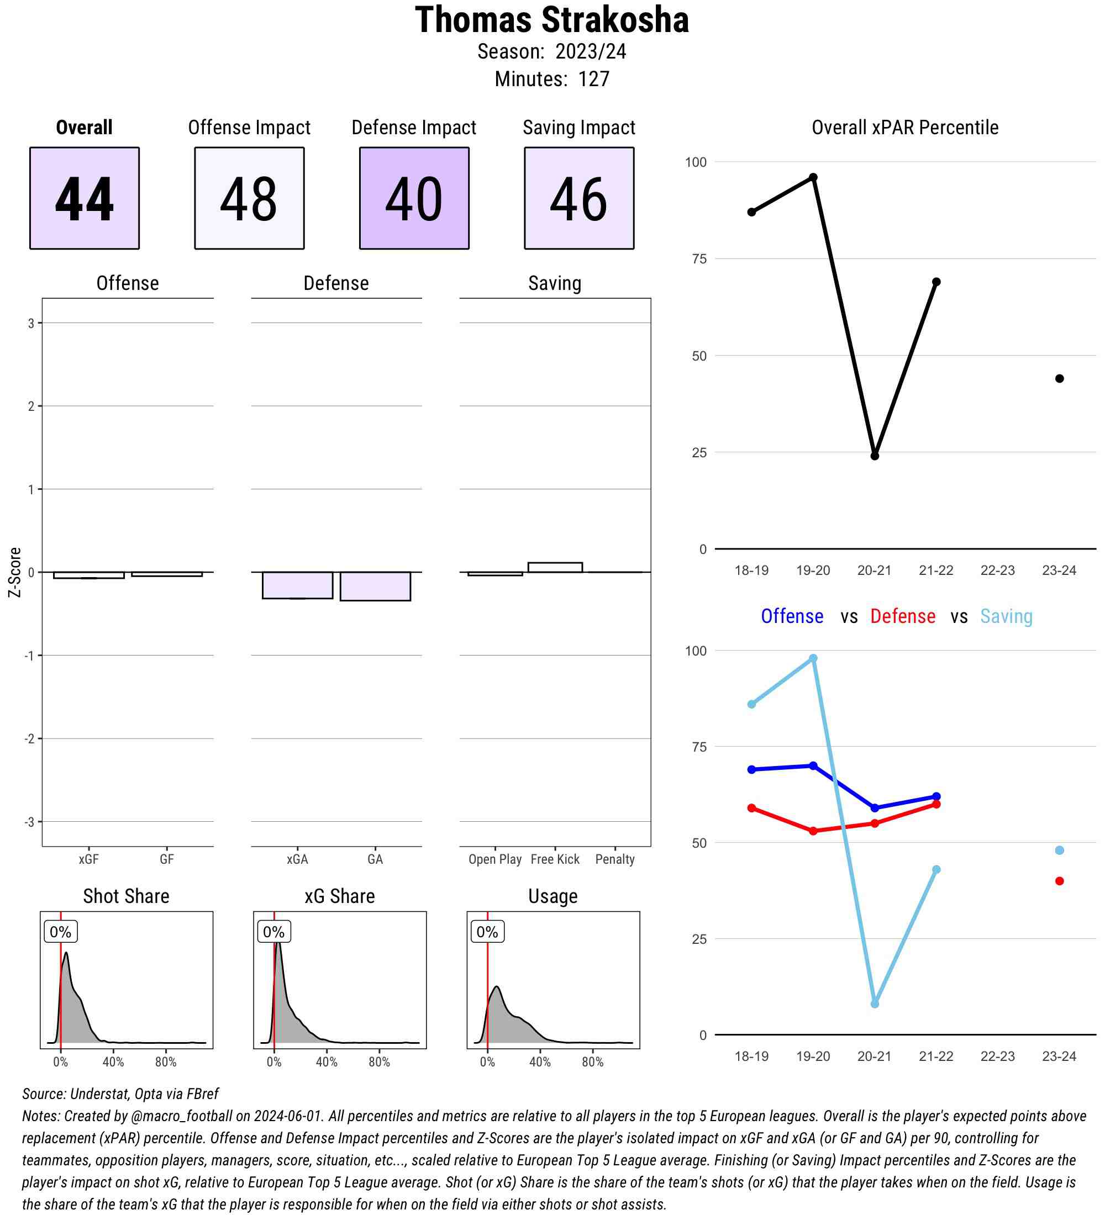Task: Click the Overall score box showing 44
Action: click(x=85, y=198)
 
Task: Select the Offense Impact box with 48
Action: click(x=249, y=198)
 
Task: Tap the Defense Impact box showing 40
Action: click(x=414, y=198)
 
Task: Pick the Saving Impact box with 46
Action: click(x=578, y=198)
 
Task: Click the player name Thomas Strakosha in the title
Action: click(x=551, y=20)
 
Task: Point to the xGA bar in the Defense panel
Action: click(x=297, y=585)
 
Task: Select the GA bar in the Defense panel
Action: click(x=375, y=587)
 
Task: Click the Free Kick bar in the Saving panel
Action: click(x=555, y=567)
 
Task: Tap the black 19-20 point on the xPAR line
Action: click(x=813, y=177)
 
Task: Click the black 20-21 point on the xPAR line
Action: click(x=875, y=456)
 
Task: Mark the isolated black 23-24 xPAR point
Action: click(x=1059, y=378)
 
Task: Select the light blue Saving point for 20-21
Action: click(x=875, y=1004)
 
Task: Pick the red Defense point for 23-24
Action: click(x=1059, y=881)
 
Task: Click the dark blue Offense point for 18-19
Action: click(x=752, y=770)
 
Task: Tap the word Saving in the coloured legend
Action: click(x=1006, y=616)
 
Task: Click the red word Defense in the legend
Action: click(x=902, y=616)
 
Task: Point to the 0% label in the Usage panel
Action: click(x=487, y=932)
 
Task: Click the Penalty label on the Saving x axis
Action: click(x=615, y=859)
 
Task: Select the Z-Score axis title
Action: click(x=15, y=572)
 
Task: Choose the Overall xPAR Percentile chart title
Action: click(x=905, y=128)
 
